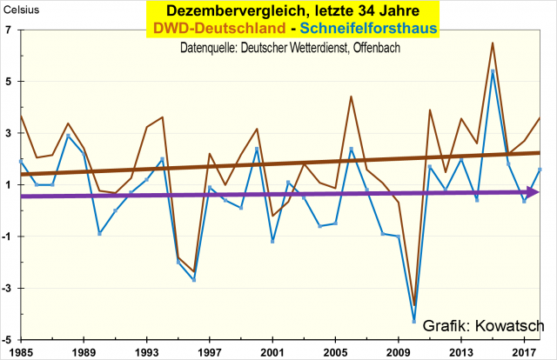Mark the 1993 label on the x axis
click(146, 351)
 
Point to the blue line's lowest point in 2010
click(414, 321)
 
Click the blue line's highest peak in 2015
click(493, 71)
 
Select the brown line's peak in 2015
click(493, 43)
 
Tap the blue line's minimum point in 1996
click(193, 279)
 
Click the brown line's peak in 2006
click(351, 97)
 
